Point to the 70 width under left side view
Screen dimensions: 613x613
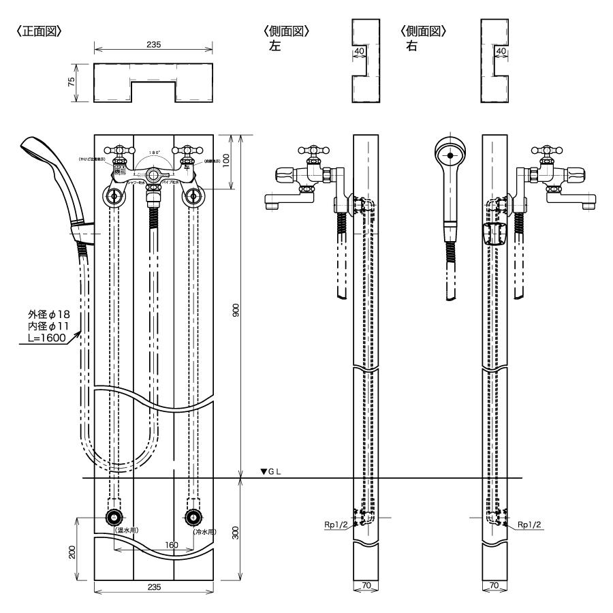point(366,584)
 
